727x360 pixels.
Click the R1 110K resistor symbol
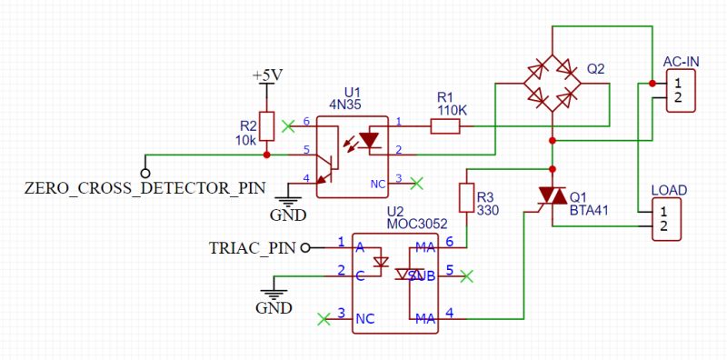tap(445, 125)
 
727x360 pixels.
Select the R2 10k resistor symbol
tap(265, 127)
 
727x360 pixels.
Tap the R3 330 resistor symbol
tap(465, 198)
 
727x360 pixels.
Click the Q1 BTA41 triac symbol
tap(551, 195)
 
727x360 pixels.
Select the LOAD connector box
tap(668, 219)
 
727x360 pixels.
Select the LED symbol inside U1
tap(368, 140)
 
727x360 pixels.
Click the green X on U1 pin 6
tap(289, 125)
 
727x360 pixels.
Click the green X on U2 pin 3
tap(323, 318)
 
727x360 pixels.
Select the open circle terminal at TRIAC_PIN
tap(305, 246)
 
